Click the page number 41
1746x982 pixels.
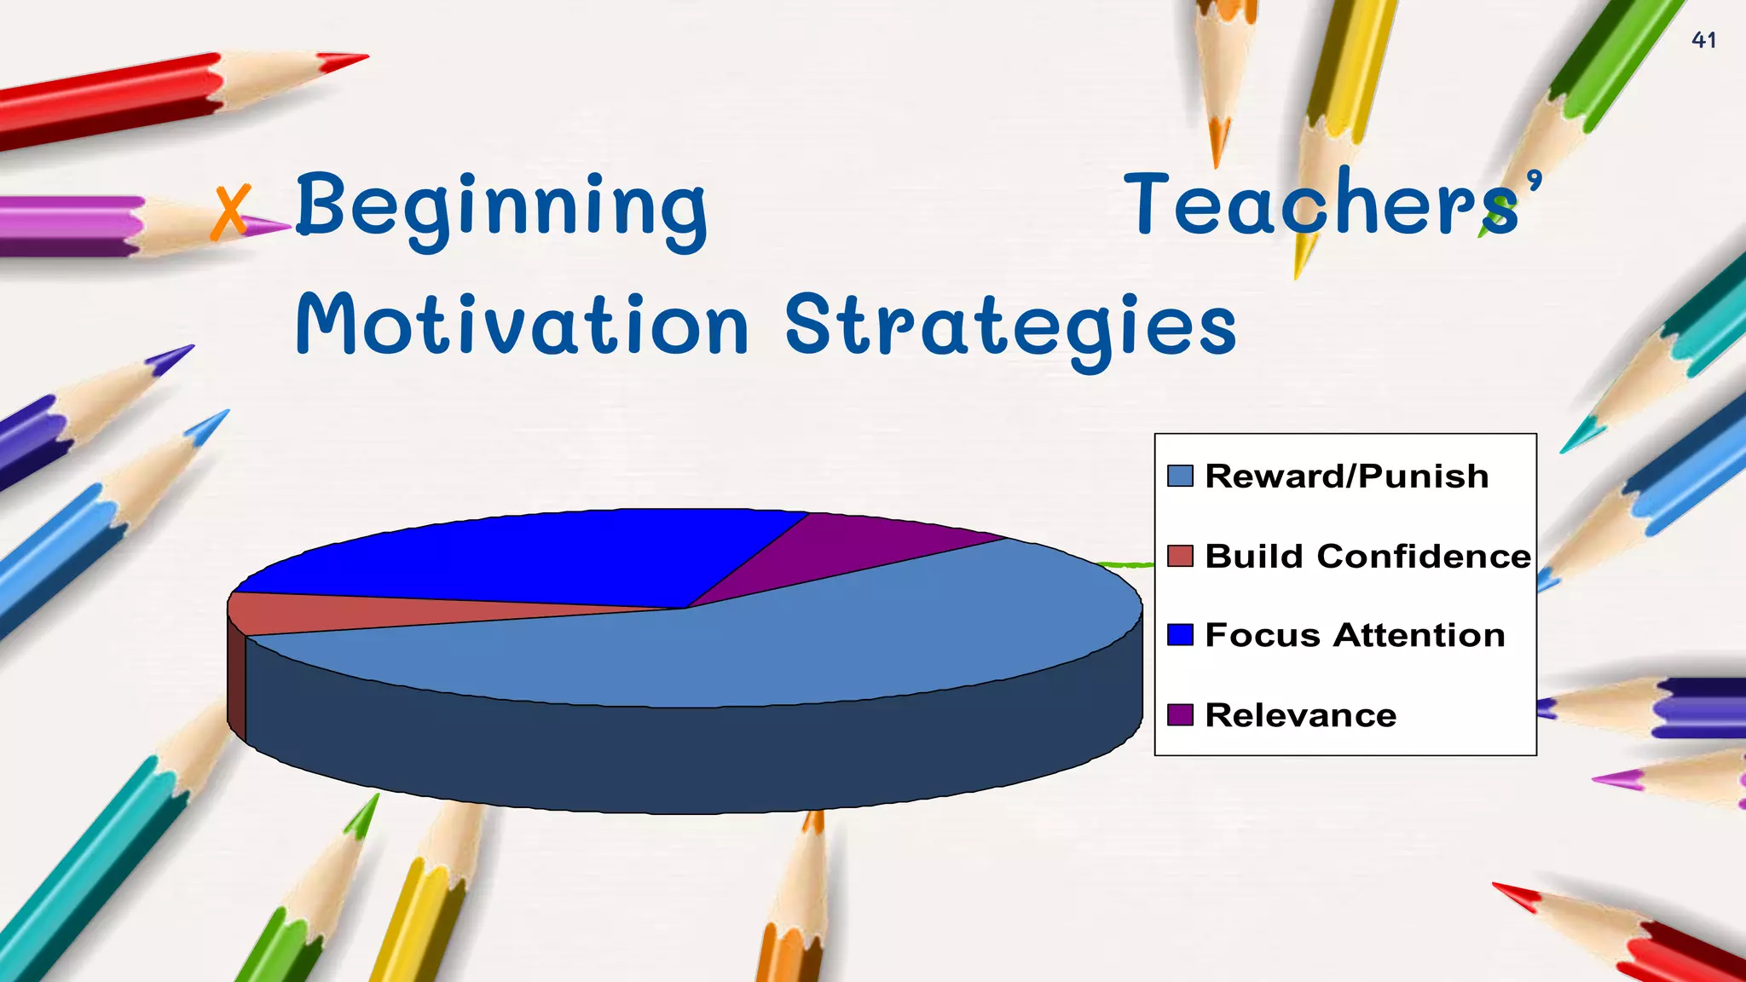coord(1703,40)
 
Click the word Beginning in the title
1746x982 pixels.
coord(501,207)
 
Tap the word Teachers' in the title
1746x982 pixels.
coord(1331,205)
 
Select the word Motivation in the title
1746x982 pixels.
coord(522,325)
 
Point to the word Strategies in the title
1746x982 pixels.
coord(1009,327)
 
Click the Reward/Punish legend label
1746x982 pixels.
coord(1346,477)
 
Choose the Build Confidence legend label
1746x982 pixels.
coord(1367,557)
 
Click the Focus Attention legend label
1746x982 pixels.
coord(1354,636)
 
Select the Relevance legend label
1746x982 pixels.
coord(1300,715)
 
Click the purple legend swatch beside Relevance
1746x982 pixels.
coord(1179,714)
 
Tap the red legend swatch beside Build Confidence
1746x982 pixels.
coord(1179,556)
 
